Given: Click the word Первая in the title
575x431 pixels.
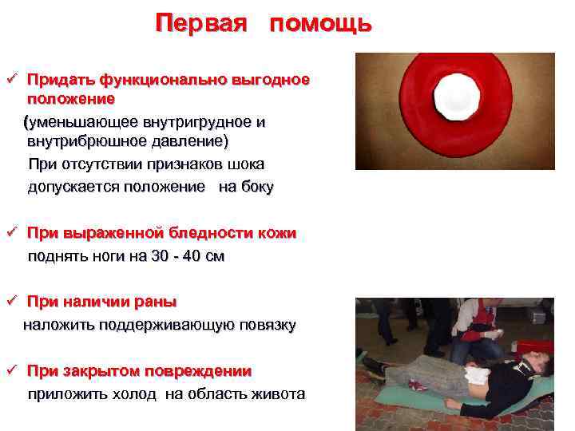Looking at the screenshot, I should (205, 23).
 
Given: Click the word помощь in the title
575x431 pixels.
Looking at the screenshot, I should (320, 25).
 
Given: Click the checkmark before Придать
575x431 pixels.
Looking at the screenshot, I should (11, 81).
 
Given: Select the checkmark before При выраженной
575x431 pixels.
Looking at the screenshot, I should (11, 233).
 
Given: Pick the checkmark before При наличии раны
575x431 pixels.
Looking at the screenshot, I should (11, 302).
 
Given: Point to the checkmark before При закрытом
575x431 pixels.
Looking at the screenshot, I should (11, 371).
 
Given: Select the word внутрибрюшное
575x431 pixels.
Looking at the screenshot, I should (88, 141).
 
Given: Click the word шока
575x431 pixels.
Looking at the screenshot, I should (246, 164).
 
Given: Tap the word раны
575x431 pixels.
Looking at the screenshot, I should (159, 302).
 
